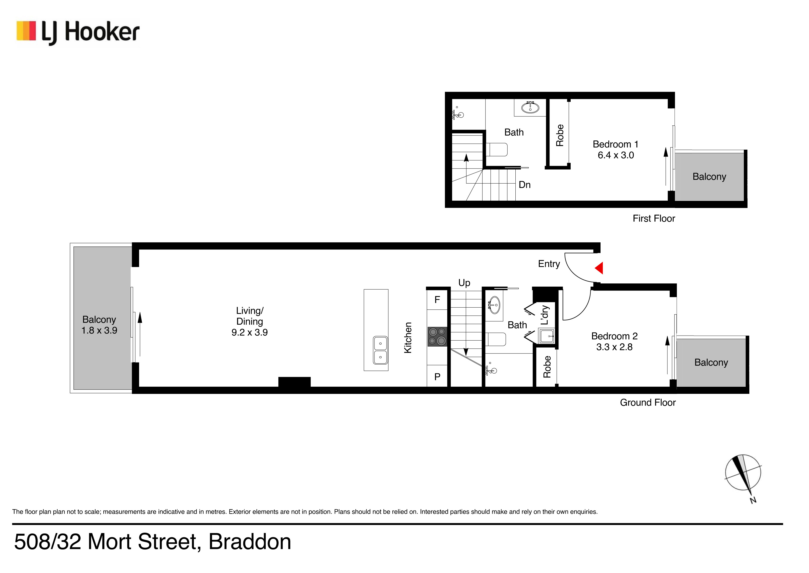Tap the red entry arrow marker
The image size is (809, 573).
click(x=599, y=268)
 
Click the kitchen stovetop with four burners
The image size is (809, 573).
click(x=437, y=336)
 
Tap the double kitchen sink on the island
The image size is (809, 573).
click(x=380, y=350)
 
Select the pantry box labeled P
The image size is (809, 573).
click(x=437, y=377)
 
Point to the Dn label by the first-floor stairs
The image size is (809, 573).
click(x=525, y=185)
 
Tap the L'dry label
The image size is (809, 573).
click(x=545, y=315)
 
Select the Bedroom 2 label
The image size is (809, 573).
click(x=614, y=336)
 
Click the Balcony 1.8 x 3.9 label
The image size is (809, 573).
click(x=99, y=325)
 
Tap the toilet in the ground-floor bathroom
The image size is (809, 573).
click(x=496, y=339)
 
